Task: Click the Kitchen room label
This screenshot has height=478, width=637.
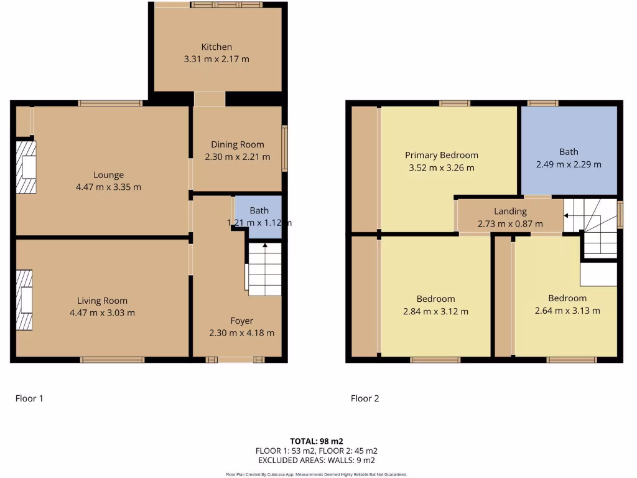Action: (216, 47)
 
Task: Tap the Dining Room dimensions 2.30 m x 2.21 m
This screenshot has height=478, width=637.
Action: (237, 157)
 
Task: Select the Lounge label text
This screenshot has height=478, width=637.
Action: (108, 175)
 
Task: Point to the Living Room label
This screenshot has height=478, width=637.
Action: (102, 301)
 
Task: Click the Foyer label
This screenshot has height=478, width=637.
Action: (241, 321)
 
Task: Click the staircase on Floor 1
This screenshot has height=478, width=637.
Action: (264, 268)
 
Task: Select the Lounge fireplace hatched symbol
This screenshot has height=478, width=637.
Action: (26, 167)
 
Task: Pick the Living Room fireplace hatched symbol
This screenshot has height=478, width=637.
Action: (24, 300)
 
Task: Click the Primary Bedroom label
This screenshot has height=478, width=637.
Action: (441, 155)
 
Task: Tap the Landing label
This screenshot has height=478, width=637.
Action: (510, 211)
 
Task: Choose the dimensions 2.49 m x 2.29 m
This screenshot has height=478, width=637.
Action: (569, 164)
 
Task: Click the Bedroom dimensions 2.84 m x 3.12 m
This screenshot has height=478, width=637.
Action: (435, 311)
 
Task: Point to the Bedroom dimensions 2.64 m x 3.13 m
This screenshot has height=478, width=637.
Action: (567, 311)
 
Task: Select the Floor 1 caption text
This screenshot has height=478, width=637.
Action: (29, 398)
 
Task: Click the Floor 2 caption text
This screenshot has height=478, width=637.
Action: (365, 398)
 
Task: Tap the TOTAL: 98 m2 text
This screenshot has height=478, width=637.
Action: (316, 441)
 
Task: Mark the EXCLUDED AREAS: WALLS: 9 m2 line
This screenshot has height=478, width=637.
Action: (316, 460)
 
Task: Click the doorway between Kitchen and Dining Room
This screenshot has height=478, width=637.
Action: (209, 99)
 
